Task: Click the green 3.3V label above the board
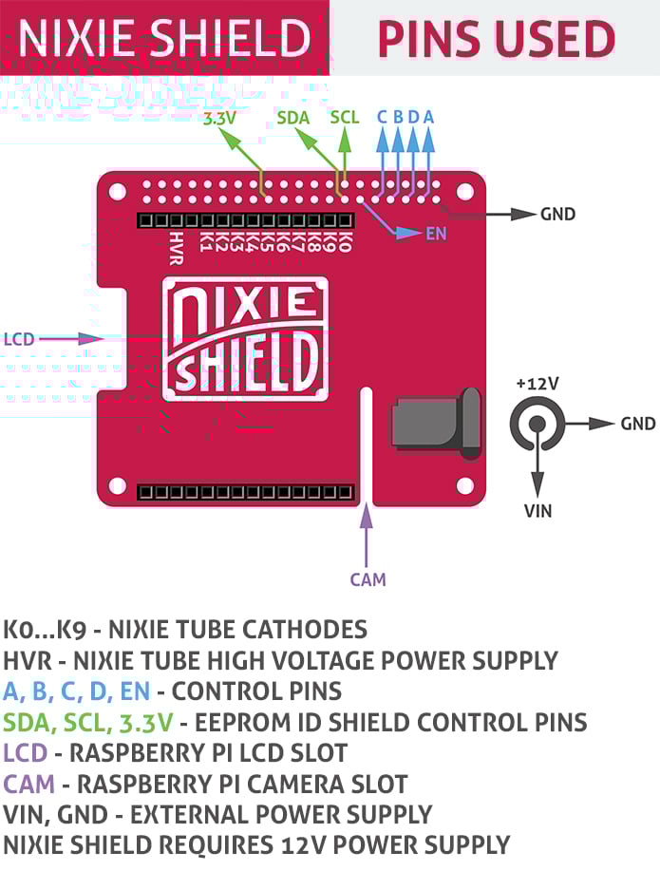click(x=221, y=120)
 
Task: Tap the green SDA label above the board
click(x=293, y=118)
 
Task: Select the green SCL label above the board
click(x=345, y=118)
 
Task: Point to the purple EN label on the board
click(x=436, y=234)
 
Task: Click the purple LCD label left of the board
click(x=19, y=338)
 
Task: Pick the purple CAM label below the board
click(x=368, y=578)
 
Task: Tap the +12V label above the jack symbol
click(x=537, y=384)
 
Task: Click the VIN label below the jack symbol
click(x=537, y=511)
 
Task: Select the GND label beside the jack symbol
click(x=637, y=423)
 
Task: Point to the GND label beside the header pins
click(x=557, y=214)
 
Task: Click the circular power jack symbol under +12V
click(x=537, y=424)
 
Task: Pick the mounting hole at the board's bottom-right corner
click(x=464, y=485)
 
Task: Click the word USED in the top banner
click(x=547, y=39)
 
